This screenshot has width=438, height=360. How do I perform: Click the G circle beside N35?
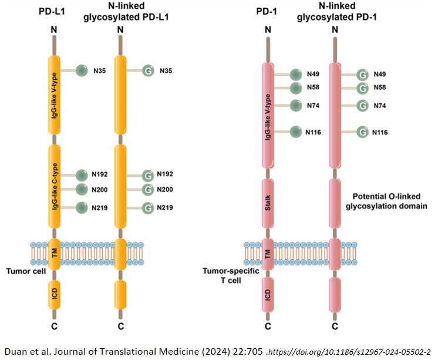(150, 71)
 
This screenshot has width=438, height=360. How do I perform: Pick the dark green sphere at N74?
(297, 106)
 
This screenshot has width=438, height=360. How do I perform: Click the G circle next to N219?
(150, 207)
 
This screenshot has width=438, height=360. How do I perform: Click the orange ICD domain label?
(53, 297)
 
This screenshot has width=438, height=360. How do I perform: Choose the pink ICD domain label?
(268, 297)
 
